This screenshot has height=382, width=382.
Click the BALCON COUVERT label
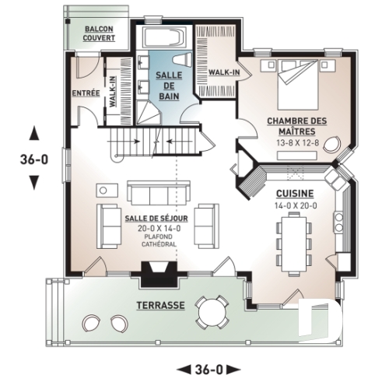99,33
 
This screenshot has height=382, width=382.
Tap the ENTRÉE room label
85,93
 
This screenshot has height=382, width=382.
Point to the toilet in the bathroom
180,60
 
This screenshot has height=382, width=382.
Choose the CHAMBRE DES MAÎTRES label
296,125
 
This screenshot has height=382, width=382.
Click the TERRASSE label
161,306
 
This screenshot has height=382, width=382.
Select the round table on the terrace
212,313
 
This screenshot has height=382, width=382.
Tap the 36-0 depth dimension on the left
33,159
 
